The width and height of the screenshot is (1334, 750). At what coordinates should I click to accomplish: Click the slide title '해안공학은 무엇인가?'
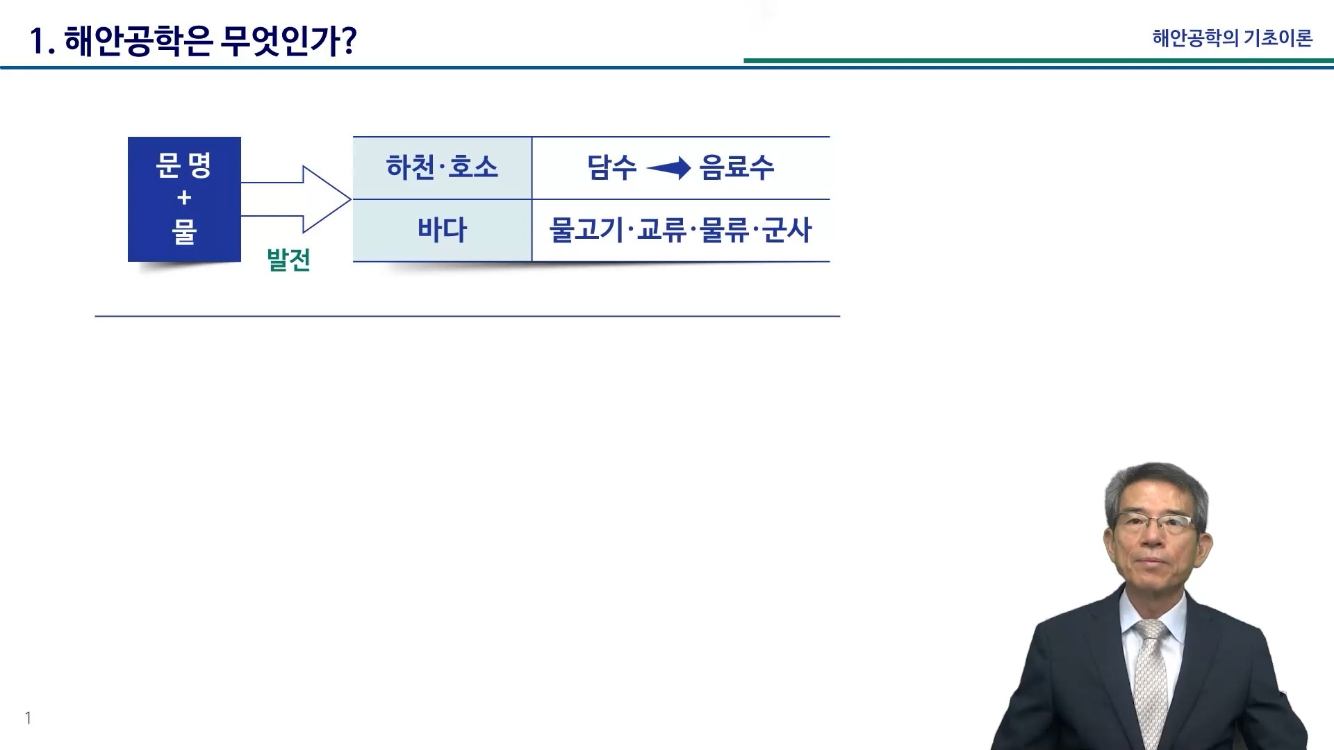pos(211,41)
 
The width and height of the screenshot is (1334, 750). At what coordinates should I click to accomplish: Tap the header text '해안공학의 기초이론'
pos(1232,37)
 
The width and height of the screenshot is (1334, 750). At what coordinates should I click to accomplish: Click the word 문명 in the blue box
pos(184,166)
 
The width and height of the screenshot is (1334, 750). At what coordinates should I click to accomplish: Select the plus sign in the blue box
pos(184,198)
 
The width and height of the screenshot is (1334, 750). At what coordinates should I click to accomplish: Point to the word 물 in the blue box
pos(184,231)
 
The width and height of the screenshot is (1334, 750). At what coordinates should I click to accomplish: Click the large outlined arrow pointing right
pos(296,199)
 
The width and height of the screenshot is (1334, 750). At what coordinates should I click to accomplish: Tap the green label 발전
pos(288,260)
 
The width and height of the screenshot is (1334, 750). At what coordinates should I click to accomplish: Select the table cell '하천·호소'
pos(442,167)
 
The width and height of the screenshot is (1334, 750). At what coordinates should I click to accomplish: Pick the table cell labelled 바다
pos(442,231)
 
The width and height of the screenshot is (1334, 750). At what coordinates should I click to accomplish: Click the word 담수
pos(611,167)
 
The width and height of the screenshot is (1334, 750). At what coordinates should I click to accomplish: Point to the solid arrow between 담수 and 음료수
pos(668,168)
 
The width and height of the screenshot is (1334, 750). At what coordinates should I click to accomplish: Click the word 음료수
pos(736,167)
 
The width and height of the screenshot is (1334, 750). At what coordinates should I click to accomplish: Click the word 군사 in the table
pos(787,231)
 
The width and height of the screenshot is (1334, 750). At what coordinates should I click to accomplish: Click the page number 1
pos(28,718)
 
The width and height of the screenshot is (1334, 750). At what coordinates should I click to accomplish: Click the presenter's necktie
pos(1151,677)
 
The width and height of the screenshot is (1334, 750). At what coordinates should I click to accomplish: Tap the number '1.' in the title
pos(42,42)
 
